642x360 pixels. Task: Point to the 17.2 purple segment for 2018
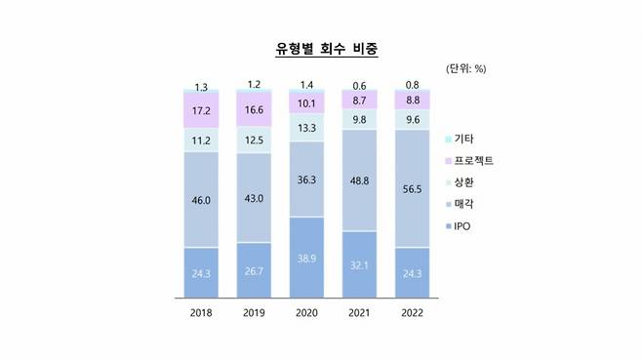click(201, 109)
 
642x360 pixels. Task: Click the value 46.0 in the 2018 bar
click(201, 201)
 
